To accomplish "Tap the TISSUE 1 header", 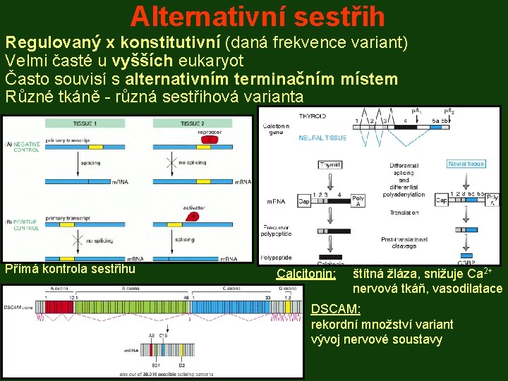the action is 85,123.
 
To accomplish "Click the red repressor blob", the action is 209,140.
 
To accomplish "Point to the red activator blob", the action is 193,217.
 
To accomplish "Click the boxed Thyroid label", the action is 330,164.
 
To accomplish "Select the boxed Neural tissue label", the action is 466,164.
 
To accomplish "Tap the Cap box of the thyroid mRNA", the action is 303,201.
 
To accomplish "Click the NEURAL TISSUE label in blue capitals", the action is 322,138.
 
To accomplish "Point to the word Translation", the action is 403,212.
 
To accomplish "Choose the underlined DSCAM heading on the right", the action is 336,309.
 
